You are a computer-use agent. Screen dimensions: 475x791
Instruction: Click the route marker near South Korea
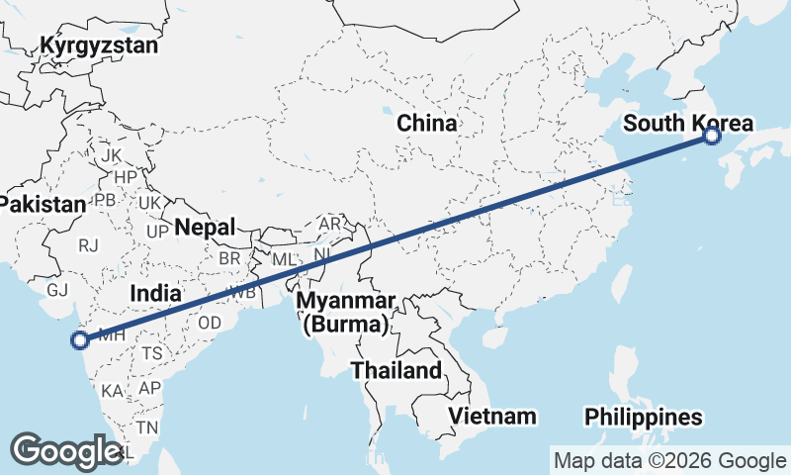click(x=712, y=136)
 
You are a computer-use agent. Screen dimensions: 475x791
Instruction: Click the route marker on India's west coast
click(x=80, y=341)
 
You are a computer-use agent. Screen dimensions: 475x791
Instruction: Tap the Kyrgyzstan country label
click(x=99, y=46)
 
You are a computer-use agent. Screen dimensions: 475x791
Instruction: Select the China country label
click(x=426, y=124)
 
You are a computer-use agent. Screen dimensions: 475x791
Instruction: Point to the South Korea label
click(x=688, y=124)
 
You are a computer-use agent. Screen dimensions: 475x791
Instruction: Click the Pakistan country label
click(x=43, y=204)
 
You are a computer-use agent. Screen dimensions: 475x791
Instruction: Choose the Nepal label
click(x=205, y=228)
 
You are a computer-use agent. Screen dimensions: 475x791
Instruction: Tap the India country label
click(x=156, y=293)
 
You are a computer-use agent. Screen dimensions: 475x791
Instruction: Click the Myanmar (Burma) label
click(x=349, y=312)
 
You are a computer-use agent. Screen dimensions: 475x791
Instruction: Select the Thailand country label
click(x=395, y=371)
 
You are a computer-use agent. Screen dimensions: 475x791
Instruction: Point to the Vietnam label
click(x=491, y=416)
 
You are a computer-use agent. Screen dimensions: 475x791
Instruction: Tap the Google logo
click(x=66, y=451)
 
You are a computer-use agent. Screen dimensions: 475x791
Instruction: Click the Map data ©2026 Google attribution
click(x=668, y=460)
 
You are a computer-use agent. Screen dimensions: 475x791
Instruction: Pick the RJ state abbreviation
click(x=90, y=244)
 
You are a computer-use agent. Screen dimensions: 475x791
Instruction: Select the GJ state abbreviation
click(x=57, y=290)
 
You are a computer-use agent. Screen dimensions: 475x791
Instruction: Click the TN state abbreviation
click(x=147, y=427)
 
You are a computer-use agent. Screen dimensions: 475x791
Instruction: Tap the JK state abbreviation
click(x=111, y=155)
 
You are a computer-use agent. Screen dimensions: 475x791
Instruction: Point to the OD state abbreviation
click(x=210, y=323)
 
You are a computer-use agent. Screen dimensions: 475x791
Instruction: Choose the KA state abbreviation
click(x=112, y=391)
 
